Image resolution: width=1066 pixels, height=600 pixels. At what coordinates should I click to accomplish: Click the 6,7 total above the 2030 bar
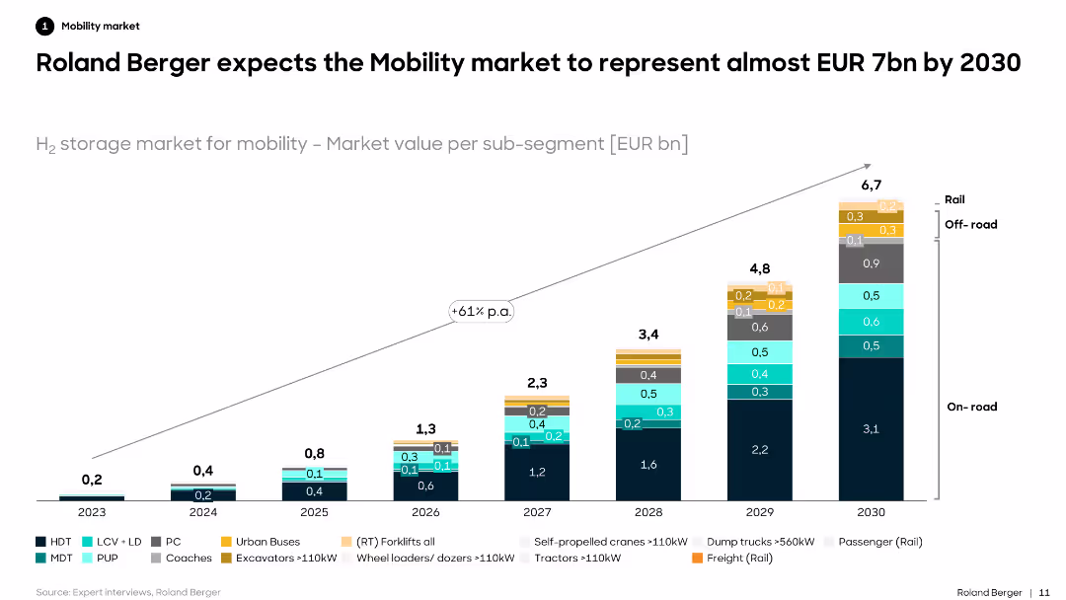coord(871,185)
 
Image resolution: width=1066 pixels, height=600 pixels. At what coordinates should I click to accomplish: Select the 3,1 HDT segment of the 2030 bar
coord(871,428)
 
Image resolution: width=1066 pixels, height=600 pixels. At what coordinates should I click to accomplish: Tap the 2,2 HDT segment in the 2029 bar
coord(759,449)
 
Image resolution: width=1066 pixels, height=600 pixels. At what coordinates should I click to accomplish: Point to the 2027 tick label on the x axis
coord(537,513)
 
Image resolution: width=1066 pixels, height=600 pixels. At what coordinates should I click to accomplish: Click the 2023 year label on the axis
coord(92,513)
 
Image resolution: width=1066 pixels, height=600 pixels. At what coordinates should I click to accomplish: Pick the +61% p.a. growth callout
coord(484,311)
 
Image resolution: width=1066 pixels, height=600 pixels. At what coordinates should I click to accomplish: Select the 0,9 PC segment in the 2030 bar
coord(871,263)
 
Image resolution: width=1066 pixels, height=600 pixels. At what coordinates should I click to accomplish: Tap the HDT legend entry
coord(54,542)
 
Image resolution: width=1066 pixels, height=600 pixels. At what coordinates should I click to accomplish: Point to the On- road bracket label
coord(971,407)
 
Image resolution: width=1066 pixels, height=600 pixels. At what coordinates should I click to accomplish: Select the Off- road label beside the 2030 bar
coord(970,224)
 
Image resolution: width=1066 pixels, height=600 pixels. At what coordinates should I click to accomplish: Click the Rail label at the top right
coord(954,199)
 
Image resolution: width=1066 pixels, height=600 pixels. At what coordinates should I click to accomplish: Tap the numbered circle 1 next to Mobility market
coord(44,27)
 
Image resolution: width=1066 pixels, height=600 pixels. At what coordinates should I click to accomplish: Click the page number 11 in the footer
coord(1043,592)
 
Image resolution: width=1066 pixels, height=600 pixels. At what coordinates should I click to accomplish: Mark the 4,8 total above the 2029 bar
coord(759,268)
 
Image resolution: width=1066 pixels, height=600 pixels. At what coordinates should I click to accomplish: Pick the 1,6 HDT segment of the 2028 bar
coord(647,464)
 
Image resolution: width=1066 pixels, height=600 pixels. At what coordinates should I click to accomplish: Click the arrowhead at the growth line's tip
coord(868,166)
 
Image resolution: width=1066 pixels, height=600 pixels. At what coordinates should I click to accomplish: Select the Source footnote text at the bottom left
coord(128,592)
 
